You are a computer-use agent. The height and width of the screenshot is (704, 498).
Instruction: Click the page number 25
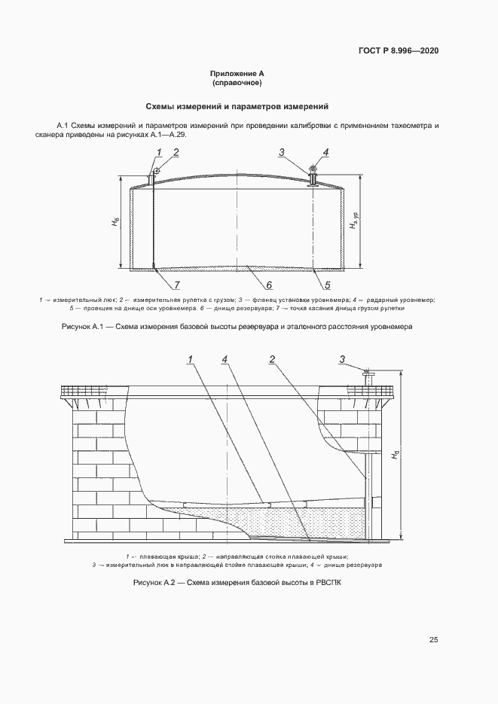(x=434, y=640)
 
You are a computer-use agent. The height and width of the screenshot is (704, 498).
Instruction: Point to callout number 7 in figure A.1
(x=177, y=285)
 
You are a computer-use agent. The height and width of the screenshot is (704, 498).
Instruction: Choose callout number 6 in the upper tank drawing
(x=268, y=285)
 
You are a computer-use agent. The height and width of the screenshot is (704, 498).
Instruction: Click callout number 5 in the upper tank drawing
(x=328, y=285)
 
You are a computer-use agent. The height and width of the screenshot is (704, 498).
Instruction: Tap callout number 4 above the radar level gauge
(x=326, y=153)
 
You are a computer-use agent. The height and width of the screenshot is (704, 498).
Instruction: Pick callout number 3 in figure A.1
(x=282, y=153)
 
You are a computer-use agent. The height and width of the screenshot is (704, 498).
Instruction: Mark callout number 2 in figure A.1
(x=176, y=153)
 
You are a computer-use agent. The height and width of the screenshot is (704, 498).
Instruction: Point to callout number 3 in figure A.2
(x=342, y=359)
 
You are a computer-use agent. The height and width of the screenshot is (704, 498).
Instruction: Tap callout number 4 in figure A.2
(x=225, y=359)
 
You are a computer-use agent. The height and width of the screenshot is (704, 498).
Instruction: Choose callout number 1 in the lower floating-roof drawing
(x=191, y=359)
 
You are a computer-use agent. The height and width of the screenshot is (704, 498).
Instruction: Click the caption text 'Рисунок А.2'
(x=154, y=583)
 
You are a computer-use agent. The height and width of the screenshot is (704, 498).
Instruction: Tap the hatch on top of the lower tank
(x=369, y=376)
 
